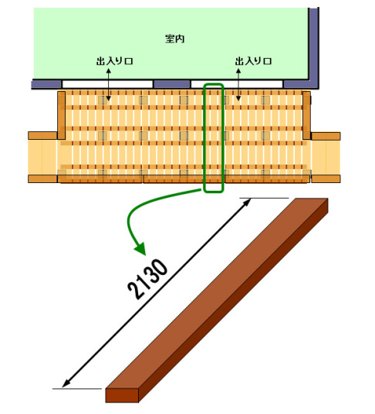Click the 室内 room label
click(x=174, y=39)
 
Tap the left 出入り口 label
click(x=114, y=61)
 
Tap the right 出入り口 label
click(x=253, y=61)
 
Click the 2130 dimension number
click(x=147, y=280)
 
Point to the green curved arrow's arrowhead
click(x=140, y=249)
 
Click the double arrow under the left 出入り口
click(x=108, y=84)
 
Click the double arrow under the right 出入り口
click(x=238, y=84)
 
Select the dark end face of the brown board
click(x=122, y=395)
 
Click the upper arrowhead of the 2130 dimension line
click(x=247, y=202)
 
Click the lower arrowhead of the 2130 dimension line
click(x=66, y=384)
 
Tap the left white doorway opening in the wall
click(x=107, y=84)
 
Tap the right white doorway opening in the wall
click(x=237, y=84)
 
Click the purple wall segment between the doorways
click(x=171, y=84)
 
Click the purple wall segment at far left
click(x=46, y=84)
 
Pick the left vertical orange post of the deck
click(x=61, y=115)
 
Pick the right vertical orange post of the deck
click(x=306, y=115)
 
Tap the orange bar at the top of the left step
click(x=42, y=136)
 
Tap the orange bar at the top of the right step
click(x=326, y=136)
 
